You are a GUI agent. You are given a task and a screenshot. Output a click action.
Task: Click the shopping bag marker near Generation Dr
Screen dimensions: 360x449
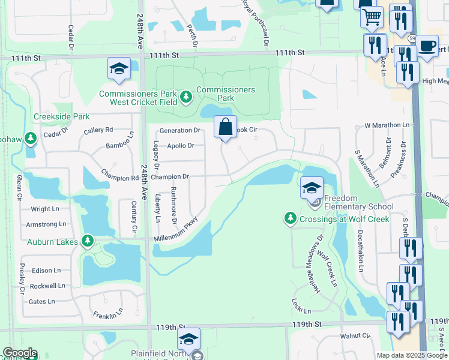(225, 127)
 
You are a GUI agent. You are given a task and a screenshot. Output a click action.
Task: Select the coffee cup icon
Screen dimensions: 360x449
(427, 46)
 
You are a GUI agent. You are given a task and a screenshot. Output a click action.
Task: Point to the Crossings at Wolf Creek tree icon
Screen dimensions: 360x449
(291, 218)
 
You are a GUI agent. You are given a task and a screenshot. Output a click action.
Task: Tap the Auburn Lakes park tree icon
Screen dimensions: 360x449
(88, 242)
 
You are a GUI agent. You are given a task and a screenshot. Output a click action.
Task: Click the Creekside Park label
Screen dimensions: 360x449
(62, 116)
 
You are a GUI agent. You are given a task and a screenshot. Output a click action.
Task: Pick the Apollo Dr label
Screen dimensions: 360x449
(181, 146)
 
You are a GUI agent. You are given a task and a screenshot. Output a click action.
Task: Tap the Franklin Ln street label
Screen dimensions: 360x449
(108, 313)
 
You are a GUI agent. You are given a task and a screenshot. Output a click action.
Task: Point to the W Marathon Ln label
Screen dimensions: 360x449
(387, 126)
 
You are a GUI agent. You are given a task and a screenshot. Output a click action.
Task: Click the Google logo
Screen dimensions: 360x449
(19, 353)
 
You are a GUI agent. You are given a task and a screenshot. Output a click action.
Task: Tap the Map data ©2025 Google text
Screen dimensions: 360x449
(412, 355)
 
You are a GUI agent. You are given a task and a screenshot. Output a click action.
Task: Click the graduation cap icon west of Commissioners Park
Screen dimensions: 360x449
(119, 69)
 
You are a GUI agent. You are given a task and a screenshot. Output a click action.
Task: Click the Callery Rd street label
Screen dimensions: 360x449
(98, 130)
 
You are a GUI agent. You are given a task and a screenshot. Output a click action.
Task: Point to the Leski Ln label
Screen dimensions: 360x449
(302, 307)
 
